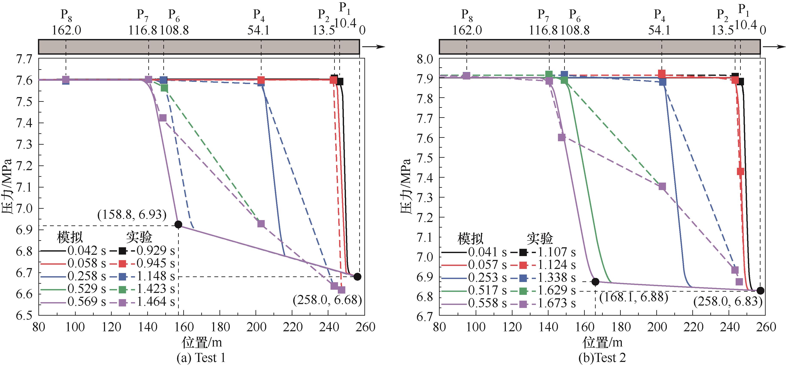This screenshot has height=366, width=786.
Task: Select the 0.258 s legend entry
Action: [x=87, y=276]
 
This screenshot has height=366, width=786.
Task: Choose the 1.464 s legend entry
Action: [x=156, y=302]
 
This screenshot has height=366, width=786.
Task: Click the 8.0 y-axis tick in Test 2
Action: [x=425, y=58]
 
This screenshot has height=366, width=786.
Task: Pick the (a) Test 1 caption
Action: [x=201, y=358]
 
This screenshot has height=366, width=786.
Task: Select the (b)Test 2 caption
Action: [x=602, y=358]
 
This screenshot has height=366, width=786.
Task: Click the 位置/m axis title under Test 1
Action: [x=202, y=342]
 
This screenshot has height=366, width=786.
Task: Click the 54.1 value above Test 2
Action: [x=659, y=30]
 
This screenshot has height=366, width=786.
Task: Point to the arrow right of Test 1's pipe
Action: [x=374, y=47]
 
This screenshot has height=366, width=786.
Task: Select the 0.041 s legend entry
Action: [x=487, y=252]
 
